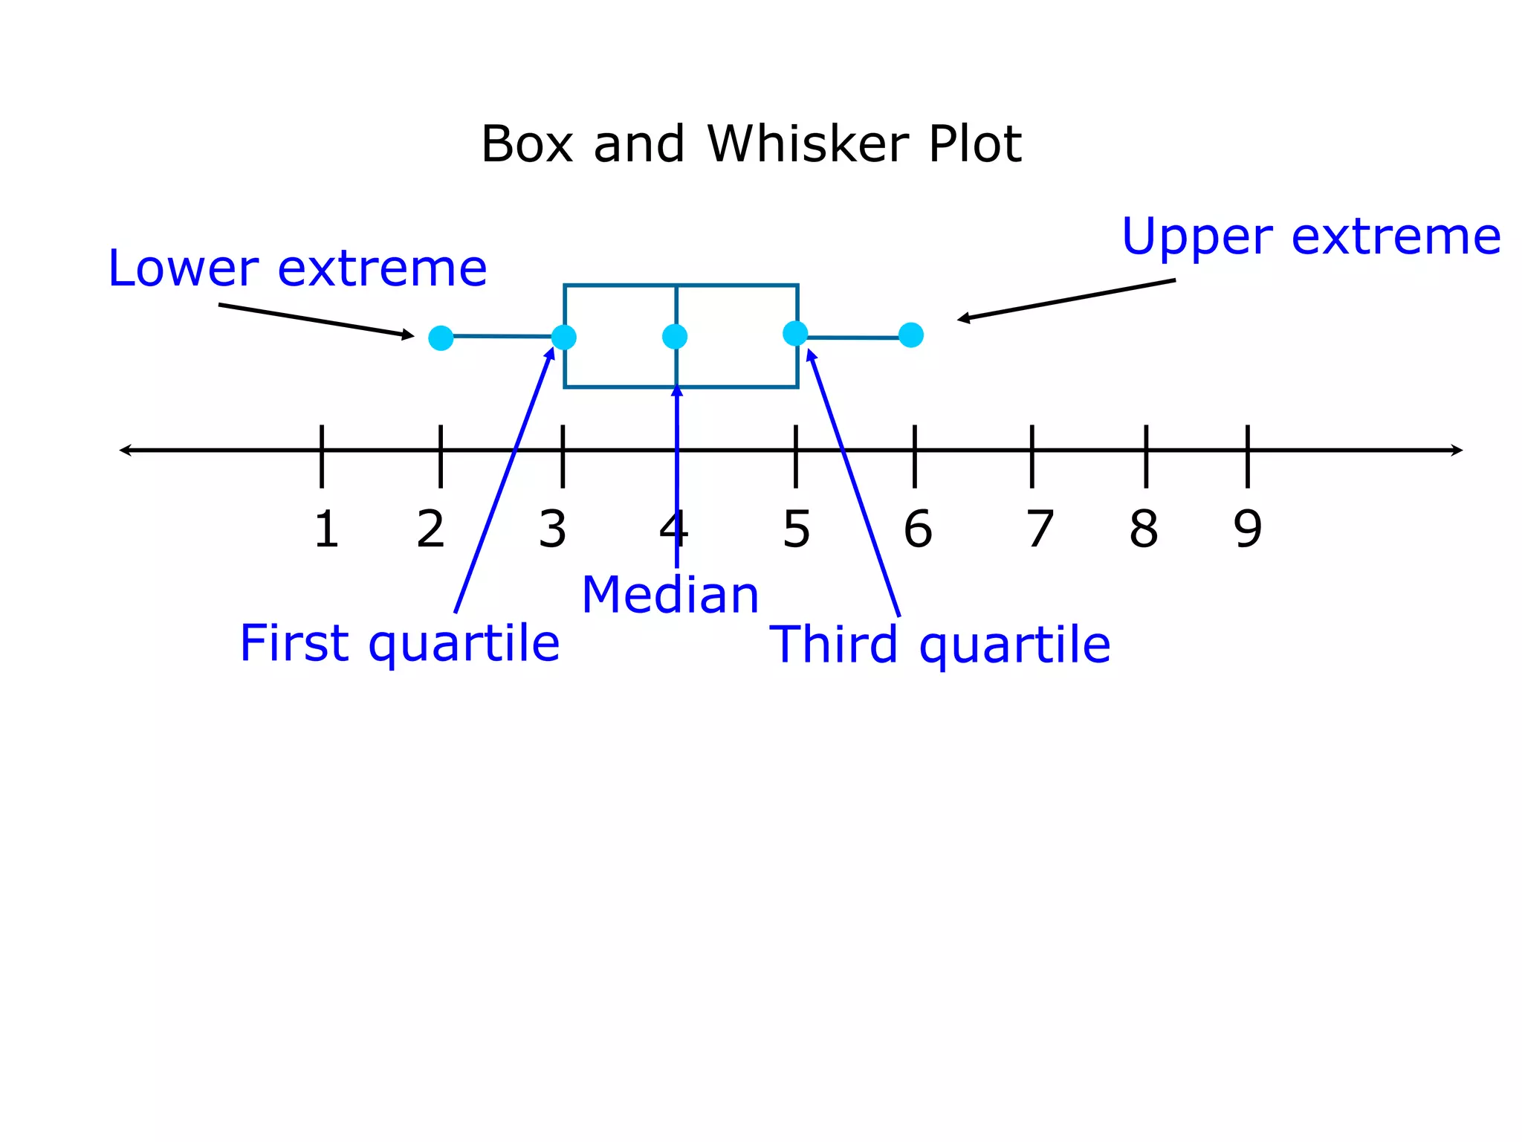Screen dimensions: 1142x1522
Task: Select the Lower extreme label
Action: pyautogui.click(x=297, y=268)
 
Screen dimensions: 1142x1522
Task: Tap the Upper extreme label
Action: pyautogui.click(x=1311, y=237)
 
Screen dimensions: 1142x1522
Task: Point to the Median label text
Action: pyautogui.click(x=670, y=596)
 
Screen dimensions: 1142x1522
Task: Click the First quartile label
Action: pyautogui.click(x=399, y=644)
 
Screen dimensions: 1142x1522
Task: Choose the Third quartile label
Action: pyautogui.click(x=939, y=645)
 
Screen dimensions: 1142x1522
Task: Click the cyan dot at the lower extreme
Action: pyautogui.click(x=441, y=338)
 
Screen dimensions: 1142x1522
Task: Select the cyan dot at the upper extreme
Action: pyautogui.click(x=910, y=335)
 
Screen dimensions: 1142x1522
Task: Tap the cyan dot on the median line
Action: pyautogui.click(x=675, y=337)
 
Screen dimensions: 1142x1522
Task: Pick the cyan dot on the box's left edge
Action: pyautogui.click(x=564, y=338)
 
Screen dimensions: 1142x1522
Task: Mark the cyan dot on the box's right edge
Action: pyautogui.click(x=795, y=333)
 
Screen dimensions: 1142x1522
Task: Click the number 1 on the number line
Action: pyautogui.click(x=326, y=530)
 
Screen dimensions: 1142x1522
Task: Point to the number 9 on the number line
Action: pyautogui.click(x=1247, y=530)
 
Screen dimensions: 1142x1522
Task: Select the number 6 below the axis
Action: pyautogui.click(x=918, y=530)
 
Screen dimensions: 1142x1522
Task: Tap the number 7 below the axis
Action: pyautogui.click(x=1040, y=530)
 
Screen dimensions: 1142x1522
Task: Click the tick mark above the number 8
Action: pyautogui.click(x=1146, y=456)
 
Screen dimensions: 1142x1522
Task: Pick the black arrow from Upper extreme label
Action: pyautogui.click(x=1066, y=300)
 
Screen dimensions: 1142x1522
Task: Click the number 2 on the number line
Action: pyautogui.click(x=430, y=530)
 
